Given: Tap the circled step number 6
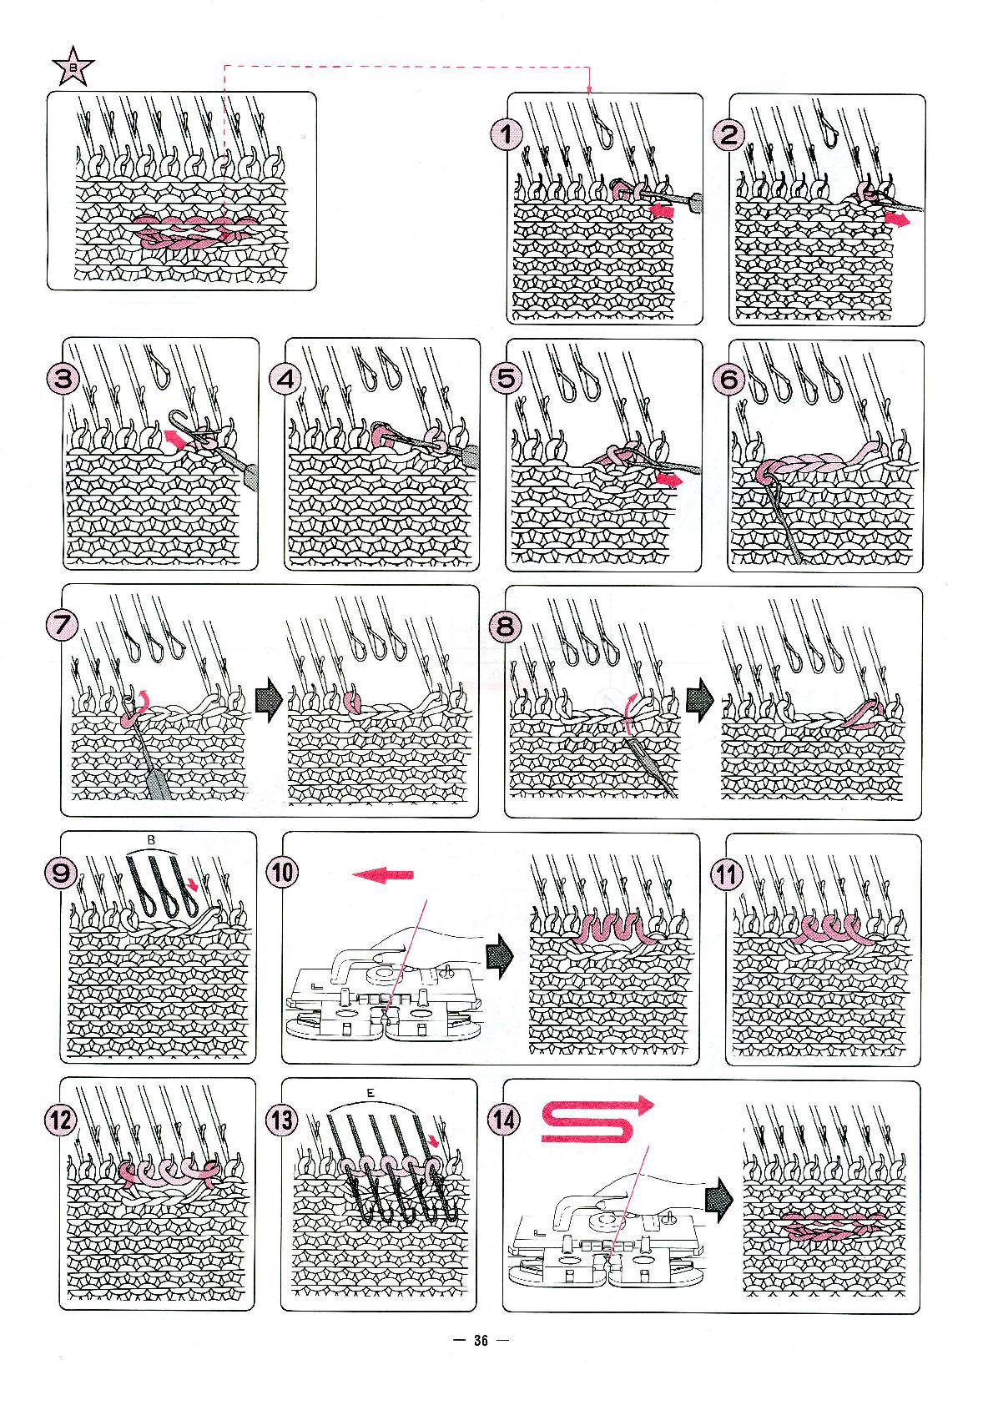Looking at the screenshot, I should [729, 380].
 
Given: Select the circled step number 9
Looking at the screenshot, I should [62, 874].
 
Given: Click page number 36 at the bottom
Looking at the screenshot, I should [480, 1341].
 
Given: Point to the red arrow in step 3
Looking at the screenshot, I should [174, 436].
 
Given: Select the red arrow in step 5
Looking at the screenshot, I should [669, 479].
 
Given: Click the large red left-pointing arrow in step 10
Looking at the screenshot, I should [383, 874].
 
